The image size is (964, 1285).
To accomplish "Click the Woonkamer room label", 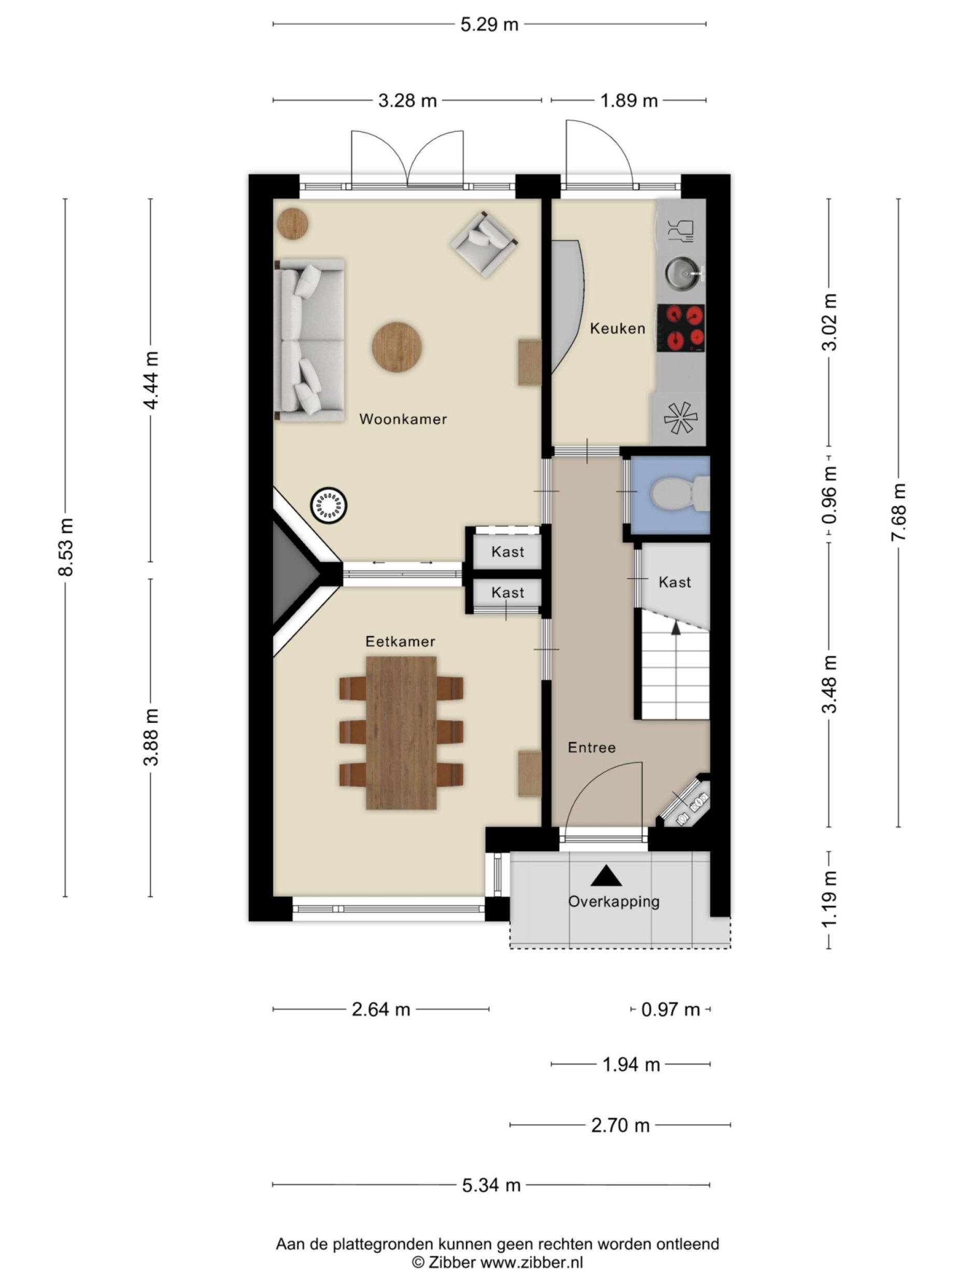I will coord(403,419).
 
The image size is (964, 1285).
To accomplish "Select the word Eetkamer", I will coord(400,641).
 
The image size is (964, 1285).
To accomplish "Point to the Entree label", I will coord(591,747).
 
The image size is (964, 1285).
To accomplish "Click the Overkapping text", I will coord(614,901).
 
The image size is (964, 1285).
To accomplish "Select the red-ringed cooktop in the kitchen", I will coord(681,327).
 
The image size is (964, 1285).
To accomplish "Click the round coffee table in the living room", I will coord(397,347).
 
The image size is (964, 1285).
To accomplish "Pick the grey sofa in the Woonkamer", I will coord(309,340).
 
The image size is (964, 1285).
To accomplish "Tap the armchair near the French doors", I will coord(484,243).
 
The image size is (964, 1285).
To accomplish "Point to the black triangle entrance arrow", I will coord(605,876).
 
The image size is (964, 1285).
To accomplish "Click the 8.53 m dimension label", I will coord(66,547).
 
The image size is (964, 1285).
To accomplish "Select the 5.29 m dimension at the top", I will coord(489,24).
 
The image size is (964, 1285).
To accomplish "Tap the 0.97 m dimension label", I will coord(670,1009).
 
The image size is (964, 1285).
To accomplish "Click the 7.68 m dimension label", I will coord(898,511).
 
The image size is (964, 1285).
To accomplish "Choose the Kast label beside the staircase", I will coord(674,581).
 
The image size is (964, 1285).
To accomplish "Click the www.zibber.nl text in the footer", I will coord(531,1262).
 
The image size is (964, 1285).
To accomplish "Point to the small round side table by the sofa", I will coord(292,223).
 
